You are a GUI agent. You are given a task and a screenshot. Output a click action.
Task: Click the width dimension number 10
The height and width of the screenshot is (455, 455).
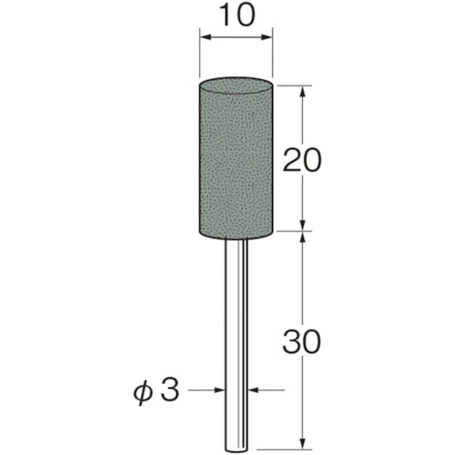237,17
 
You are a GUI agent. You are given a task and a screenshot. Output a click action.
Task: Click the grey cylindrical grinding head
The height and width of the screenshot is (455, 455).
237,159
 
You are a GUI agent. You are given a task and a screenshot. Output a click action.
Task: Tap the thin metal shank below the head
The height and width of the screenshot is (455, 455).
237,328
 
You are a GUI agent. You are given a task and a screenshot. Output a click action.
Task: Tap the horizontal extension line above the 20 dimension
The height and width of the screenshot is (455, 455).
291,85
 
